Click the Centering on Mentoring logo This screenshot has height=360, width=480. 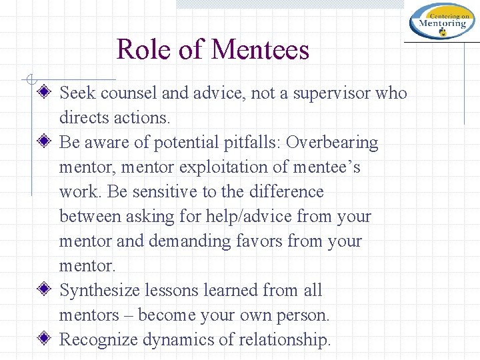pyautogui.click(x=442, y=21)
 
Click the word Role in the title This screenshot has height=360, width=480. pyautogui.click(x=142, y=50)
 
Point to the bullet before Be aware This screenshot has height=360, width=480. pyautogui.click(x=45, y=143)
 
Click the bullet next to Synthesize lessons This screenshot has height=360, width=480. pyautogui.click(x=45, y=291)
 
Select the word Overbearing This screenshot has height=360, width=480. pyautogui.click(x=332, y=143)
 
